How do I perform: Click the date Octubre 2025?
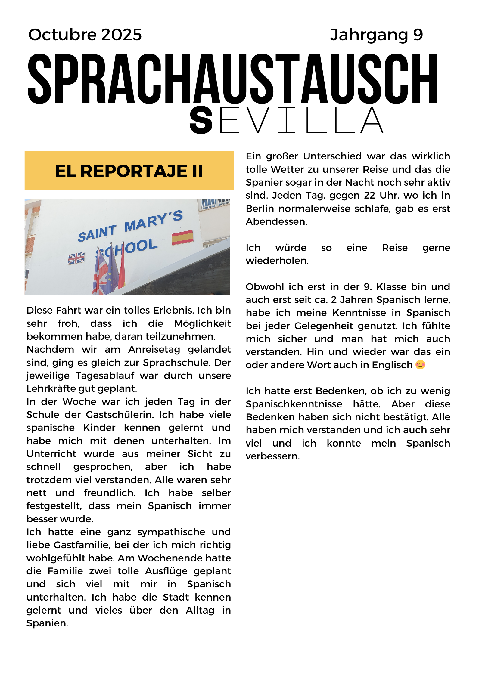click(85, 35)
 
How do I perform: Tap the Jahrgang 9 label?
click(376, 35)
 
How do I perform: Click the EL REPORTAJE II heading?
click(129, 171)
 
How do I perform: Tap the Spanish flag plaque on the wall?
click(182, 237)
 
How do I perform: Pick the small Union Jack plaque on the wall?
click(76, 258)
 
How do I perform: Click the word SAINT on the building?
click(97, 233)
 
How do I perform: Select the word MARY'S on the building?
click(154, 221)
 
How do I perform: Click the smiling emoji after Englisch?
click(420, 365)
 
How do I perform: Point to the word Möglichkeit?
click(202, 323)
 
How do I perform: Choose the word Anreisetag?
click(154, 350)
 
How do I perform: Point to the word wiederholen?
click(277, 261)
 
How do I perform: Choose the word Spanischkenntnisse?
click(294, 404)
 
